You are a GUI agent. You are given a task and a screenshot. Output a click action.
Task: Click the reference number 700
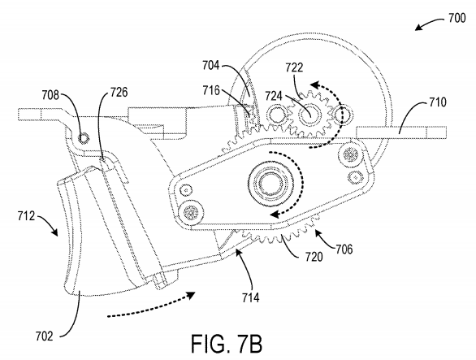click(x=457, y=18)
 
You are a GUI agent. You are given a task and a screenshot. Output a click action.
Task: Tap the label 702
click(x=45, y=336)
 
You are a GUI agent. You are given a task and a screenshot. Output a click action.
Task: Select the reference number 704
click(x=211, y=65)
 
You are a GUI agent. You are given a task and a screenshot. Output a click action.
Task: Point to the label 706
click(x=344, y=249)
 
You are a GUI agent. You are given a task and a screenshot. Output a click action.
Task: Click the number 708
click(x=50, y=95)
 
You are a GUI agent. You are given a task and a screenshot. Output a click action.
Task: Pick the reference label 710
click(x=438, y=102)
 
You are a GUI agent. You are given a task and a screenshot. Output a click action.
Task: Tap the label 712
click(x=26, y=216)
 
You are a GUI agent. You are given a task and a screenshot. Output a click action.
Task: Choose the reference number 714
click(x=251, y=297)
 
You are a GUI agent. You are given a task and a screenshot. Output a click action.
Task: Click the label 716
click(x=211, y=90)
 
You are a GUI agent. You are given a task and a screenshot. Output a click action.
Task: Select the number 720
click(x=314, y=258)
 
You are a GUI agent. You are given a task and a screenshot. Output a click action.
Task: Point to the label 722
click(x=294, y=67)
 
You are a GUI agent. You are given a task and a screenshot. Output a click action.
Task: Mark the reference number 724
click(x=274, y=96)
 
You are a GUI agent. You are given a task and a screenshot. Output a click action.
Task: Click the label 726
click(x=119, y=92)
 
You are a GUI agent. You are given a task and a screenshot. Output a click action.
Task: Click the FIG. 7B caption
click(x=227, y=344)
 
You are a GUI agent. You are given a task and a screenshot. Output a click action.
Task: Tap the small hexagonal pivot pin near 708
click(x=83, y=138)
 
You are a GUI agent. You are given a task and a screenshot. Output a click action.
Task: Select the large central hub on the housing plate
click(x=270, y=183)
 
